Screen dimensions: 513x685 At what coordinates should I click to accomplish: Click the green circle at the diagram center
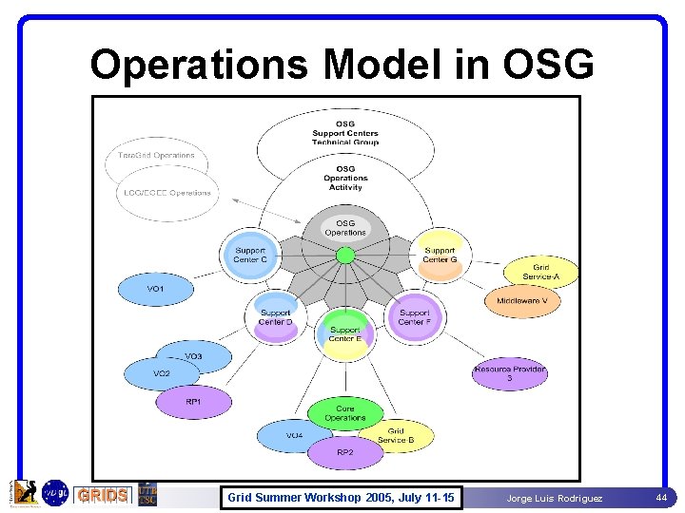pyautogui.click(x=345, y=255)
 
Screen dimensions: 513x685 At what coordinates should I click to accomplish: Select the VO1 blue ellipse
pyautogui.click(x=156, y=288)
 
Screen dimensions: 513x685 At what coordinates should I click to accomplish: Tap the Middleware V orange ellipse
pyautogui.click(x=522, y=301)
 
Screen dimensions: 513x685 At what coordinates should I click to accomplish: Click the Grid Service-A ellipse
pyautogui.click(x=540, y=273)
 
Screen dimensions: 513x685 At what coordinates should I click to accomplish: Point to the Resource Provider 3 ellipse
pyautogui.click(x=510, y=373)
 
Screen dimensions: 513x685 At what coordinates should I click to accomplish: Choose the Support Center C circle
pyautogui.click(x=251, y=256)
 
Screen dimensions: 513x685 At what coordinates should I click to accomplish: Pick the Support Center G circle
pyautogui.click(x=440, y=256)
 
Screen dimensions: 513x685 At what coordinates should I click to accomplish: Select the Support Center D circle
pyautogui.click(x=276, y=317)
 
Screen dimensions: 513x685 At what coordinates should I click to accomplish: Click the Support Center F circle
pyautogui.click(x=415, y=317)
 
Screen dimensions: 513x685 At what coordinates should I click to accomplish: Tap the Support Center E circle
pyautogui.click(x=345, y=334)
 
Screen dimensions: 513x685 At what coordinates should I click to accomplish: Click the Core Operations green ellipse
pyautogui.click(x=344, y=413)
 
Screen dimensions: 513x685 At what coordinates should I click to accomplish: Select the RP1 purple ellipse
pyautogui.click(x=193, y=403)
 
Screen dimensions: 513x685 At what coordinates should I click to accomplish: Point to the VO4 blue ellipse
pyautogui.click(x=295, y=436)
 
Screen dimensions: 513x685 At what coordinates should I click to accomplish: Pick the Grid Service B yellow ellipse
pyautogui.click(x=397, y=436)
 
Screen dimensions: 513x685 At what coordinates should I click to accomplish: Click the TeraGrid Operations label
pyautogui.click(x=157, y=156)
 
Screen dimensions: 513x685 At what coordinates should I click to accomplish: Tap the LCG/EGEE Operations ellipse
pyautogui.click(x=167, y=193)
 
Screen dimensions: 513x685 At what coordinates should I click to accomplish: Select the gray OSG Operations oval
pyautogui.click(x=345, y=228)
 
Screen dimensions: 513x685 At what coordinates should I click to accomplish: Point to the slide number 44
pyautogui.click(x=661, y=497)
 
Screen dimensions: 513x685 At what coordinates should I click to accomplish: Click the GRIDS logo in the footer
pyautogui.click(x=102, y=495)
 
